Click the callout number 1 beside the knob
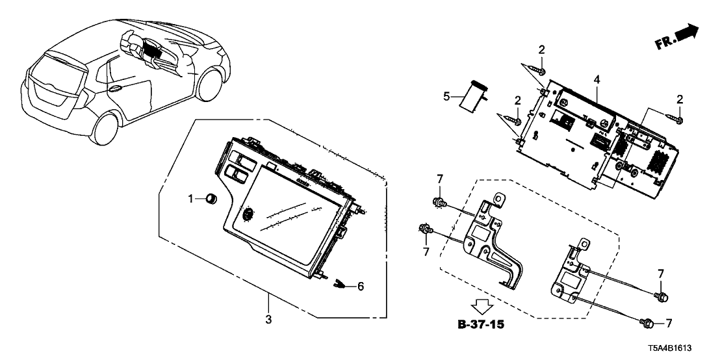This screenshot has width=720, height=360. [x=191, y=199]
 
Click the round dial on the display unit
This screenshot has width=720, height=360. [x=248, y=215]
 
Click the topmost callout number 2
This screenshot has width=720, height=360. [x=541, y=49]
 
